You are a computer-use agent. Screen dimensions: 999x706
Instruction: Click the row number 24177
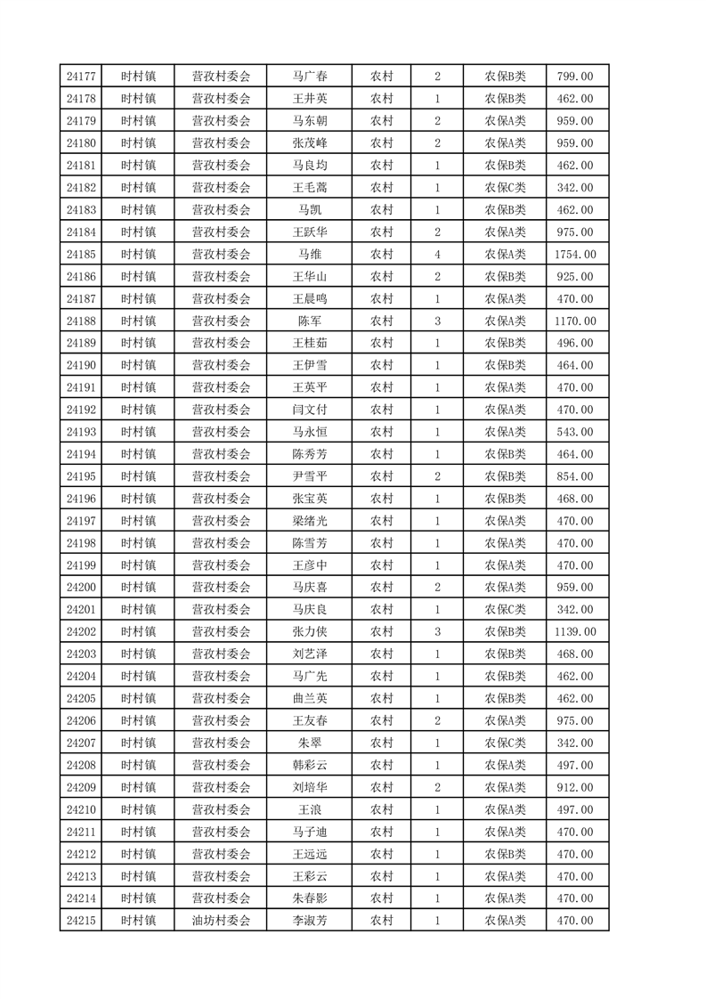81,77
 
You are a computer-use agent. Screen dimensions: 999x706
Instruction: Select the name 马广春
310,77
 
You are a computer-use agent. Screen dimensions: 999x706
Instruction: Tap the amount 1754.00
574,255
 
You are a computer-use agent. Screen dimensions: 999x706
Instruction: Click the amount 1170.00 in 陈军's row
574,321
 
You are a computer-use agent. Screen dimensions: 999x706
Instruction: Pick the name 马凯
310,210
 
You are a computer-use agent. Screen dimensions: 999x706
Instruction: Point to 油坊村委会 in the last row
221,921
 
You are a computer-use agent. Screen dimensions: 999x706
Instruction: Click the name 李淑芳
310,921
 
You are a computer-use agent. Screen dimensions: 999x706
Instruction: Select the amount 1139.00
574,632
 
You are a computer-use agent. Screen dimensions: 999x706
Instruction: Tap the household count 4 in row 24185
437,255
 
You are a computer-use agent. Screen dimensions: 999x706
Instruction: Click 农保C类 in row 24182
505,188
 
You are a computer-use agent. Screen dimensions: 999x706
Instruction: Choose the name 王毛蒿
310,188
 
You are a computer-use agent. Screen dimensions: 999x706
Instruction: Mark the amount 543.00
574,432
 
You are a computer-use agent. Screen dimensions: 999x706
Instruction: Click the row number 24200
81,588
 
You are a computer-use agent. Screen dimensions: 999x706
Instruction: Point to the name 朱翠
310,743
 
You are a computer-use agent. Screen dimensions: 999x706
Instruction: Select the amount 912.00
574,787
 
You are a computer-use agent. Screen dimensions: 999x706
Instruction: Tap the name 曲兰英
310,699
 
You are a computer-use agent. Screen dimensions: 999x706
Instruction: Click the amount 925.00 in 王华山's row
574,277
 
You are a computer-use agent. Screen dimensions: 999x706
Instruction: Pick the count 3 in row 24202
437,632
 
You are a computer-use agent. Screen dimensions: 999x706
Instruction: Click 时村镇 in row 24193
138,432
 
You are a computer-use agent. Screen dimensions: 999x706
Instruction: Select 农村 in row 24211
382,832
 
